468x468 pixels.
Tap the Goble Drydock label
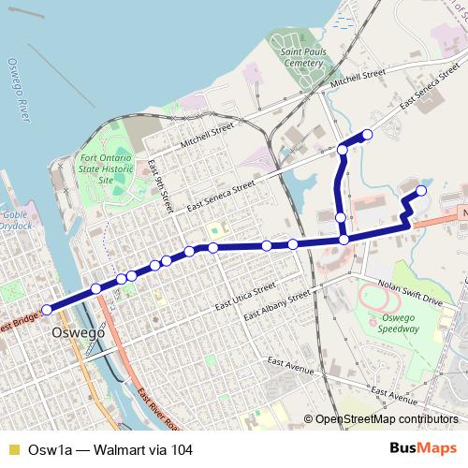pyautogui.click(x=20, y=220)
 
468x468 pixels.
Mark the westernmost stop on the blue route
pyautogui.click(x=49, y=307)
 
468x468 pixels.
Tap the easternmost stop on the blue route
pyautogui.click(x=421, y=191)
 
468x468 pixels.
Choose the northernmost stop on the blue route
pyautogui.click(x=367, y=136)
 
